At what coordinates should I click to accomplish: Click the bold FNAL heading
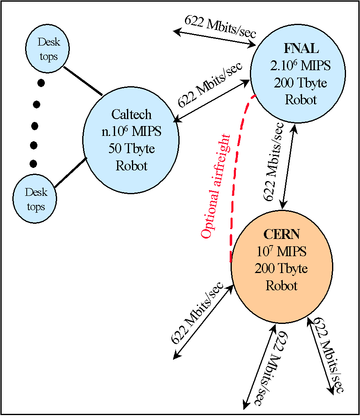coord(301,48)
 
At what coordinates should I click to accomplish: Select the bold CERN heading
coord(281,234)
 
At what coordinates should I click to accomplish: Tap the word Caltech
coord(132,114)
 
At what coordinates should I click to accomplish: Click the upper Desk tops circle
coord(48,49)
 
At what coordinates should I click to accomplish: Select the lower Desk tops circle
coord(35,199)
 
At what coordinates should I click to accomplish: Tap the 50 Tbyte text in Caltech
coord(132,149)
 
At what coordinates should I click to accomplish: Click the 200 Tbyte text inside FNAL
coord(300,83)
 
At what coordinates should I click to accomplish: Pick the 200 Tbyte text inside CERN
coord(281,269)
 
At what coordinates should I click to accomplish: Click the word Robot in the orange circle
coord(281,285)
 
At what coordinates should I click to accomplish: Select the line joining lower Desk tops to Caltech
coord(70,172)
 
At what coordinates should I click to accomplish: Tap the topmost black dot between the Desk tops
coord(40,83)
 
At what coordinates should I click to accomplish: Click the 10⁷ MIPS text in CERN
coord(281,252)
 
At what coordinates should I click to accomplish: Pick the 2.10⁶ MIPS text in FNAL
coord(300,66)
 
